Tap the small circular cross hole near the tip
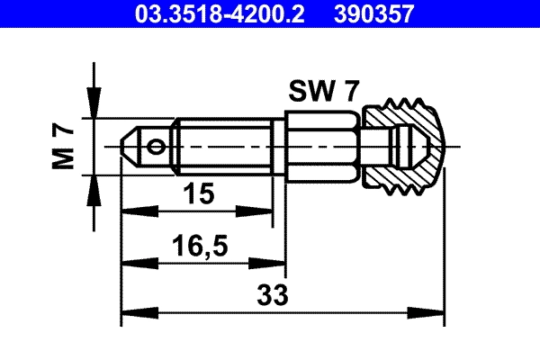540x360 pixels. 158,145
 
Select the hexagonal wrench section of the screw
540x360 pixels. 322,145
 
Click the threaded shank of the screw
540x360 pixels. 225,145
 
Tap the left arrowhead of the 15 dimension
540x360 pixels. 131,211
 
